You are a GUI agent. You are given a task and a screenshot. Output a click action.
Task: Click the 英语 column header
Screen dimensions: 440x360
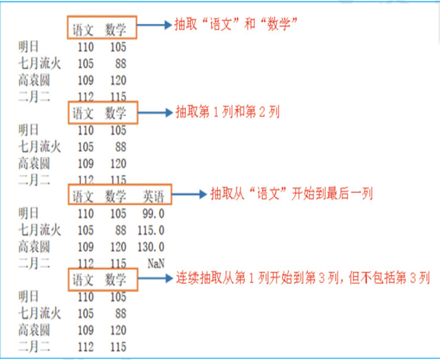[153, 196]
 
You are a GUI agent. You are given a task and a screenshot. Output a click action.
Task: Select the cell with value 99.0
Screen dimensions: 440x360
[153, 213]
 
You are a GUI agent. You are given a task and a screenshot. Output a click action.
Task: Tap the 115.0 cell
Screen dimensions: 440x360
[151, 230]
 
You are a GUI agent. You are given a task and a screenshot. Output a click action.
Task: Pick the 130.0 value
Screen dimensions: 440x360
[151, 246]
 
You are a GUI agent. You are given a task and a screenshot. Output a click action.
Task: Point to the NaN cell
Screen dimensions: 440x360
[156, 263]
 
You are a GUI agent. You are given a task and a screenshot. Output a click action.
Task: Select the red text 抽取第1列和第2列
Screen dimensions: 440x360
[227, 112]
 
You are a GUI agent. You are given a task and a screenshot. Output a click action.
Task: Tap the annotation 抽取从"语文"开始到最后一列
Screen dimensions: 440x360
[291, 194]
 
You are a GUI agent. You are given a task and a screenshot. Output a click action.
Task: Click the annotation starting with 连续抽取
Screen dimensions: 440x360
[302, 277]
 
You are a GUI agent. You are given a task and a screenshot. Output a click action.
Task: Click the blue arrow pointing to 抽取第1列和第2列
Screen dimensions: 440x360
[155, 113]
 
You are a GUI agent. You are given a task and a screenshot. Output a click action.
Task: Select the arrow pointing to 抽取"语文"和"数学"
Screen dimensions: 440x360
[155, 25]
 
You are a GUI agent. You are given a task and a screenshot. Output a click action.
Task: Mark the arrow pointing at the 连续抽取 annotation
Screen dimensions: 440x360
[155, 278]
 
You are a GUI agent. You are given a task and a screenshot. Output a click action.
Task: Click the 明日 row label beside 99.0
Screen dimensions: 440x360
[29, 213]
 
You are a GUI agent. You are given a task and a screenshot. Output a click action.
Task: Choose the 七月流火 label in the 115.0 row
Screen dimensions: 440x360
[39, 230]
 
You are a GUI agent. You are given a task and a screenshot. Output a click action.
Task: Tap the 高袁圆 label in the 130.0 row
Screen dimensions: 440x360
[34, 246]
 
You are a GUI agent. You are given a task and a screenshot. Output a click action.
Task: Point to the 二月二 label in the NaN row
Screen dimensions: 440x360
[34, 263]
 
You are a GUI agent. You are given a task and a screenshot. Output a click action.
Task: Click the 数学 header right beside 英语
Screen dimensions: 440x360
[116, 196]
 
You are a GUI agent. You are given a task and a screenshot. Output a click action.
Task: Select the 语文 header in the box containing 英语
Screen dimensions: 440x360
[84, 196]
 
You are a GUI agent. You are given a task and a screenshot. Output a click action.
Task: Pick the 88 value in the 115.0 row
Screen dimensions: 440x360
[121, 230]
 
